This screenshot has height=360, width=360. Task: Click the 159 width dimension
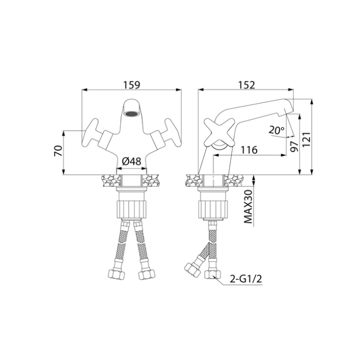pos(132,84)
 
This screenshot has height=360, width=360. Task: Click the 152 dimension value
pos(246,85)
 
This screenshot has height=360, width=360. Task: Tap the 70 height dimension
pos(58,151)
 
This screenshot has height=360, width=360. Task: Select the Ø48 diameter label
pos(131,162)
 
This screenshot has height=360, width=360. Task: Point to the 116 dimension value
pos(249,150)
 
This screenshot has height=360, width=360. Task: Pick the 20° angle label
pos(276,130)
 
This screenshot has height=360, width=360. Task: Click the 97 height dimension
pos(294,146)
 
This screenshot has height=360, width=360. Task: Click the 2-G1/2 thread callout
pos(246,279)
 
